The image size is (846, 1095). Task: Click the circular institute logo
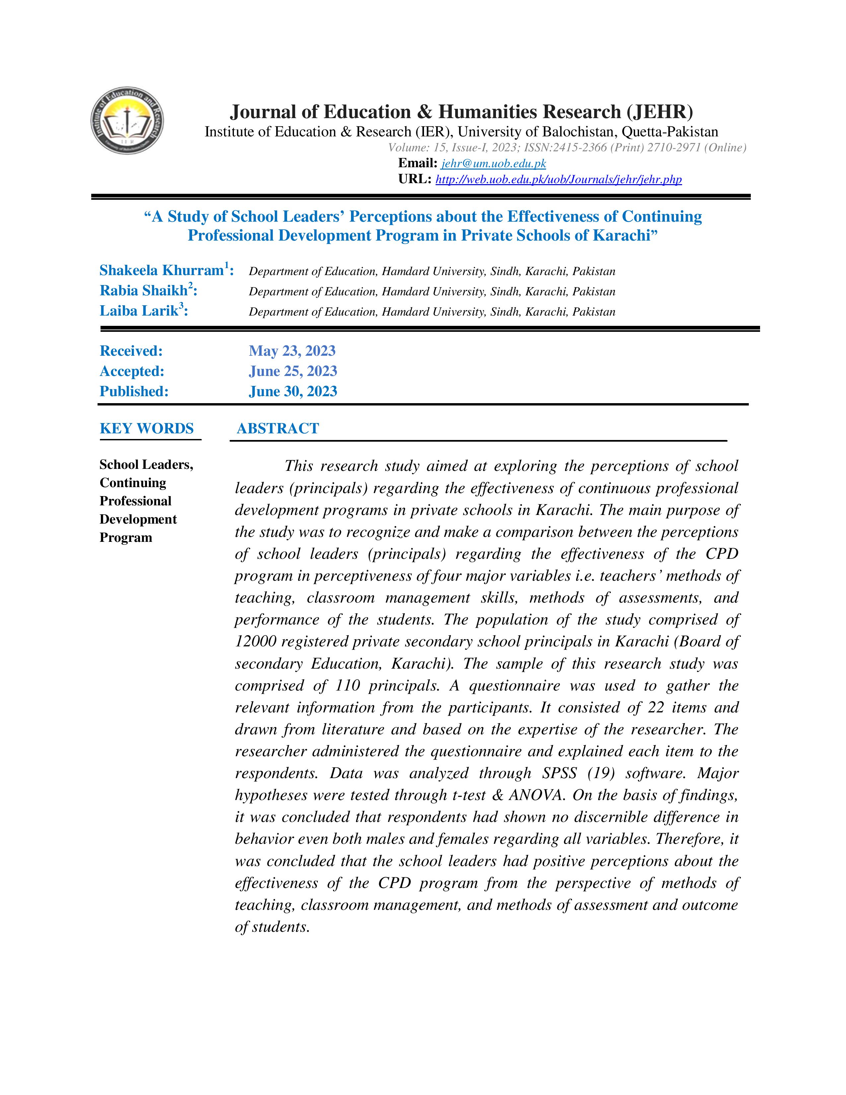point(127,120)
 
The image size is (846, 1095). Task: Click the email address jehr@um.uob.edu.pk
point(493,164)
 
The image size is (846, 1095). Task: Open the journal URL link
point(558,180)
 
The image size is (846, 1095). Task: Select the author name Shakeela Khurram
point(161,271)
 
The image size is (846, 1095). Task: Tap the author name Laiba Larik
point(139,311)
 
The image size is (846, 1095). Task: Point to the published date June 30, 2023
point(293,391)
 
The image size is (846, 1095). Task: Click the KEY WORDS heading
point(146,429)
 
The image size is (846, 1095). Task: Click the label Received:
point(131,351)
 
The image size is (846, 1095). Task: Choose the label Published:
point(134,391)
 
